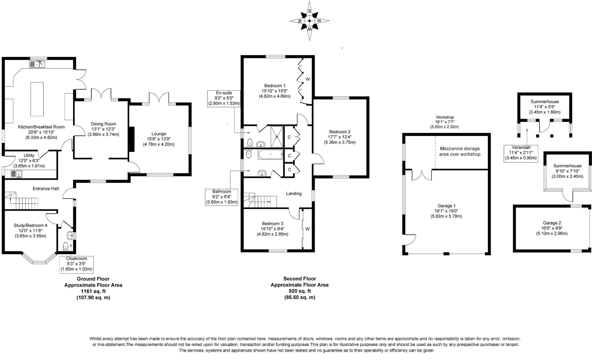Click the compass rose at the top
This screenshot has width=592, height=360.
(310, 21)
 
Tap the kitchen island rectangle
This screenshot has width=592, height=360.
(37, 99)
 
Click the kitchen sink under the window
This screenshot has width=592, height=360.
(37, 64)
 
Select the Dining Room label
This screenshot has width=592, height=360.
(103, 124)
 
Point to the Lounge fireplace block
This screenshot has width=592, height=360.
(132, 139)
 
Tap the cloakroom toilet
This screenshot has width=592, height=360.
(66, 246)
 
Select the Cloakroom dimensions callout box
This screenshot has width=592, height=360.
(76, 264)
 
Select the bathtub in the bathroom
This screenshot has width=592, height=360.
(271, 154)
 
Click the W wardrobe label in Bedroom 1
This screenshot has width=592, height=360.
(308, 79)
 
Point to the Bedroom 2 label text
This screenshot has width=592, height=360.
(340, 132)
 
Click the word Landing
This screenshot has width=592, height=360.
(294, 193)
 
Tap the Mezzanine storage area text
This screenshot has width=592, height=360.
(460, 152)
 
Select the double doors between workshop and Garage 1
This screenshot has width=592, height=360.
(422, 174)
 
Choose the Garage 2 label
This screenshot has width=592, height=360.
(552, 223)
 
